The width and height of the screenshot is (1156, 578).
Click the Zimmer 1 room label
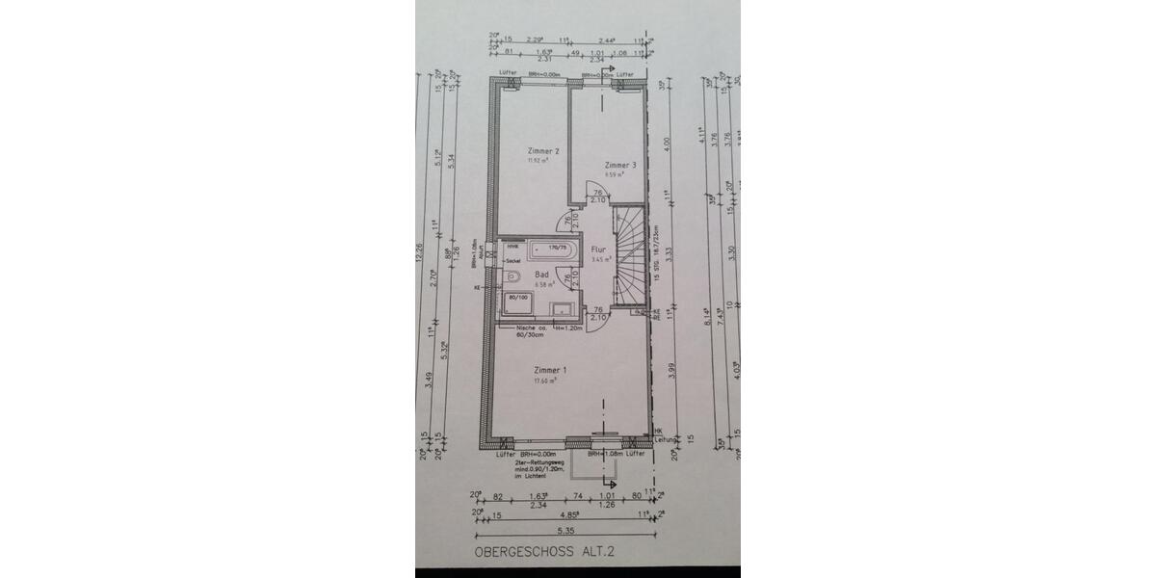pos(551,370)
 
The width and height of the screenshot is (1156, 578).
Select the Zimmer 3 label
pos(620,166)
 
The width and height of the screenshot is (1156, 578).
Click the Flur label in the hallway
pos(597,249)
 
